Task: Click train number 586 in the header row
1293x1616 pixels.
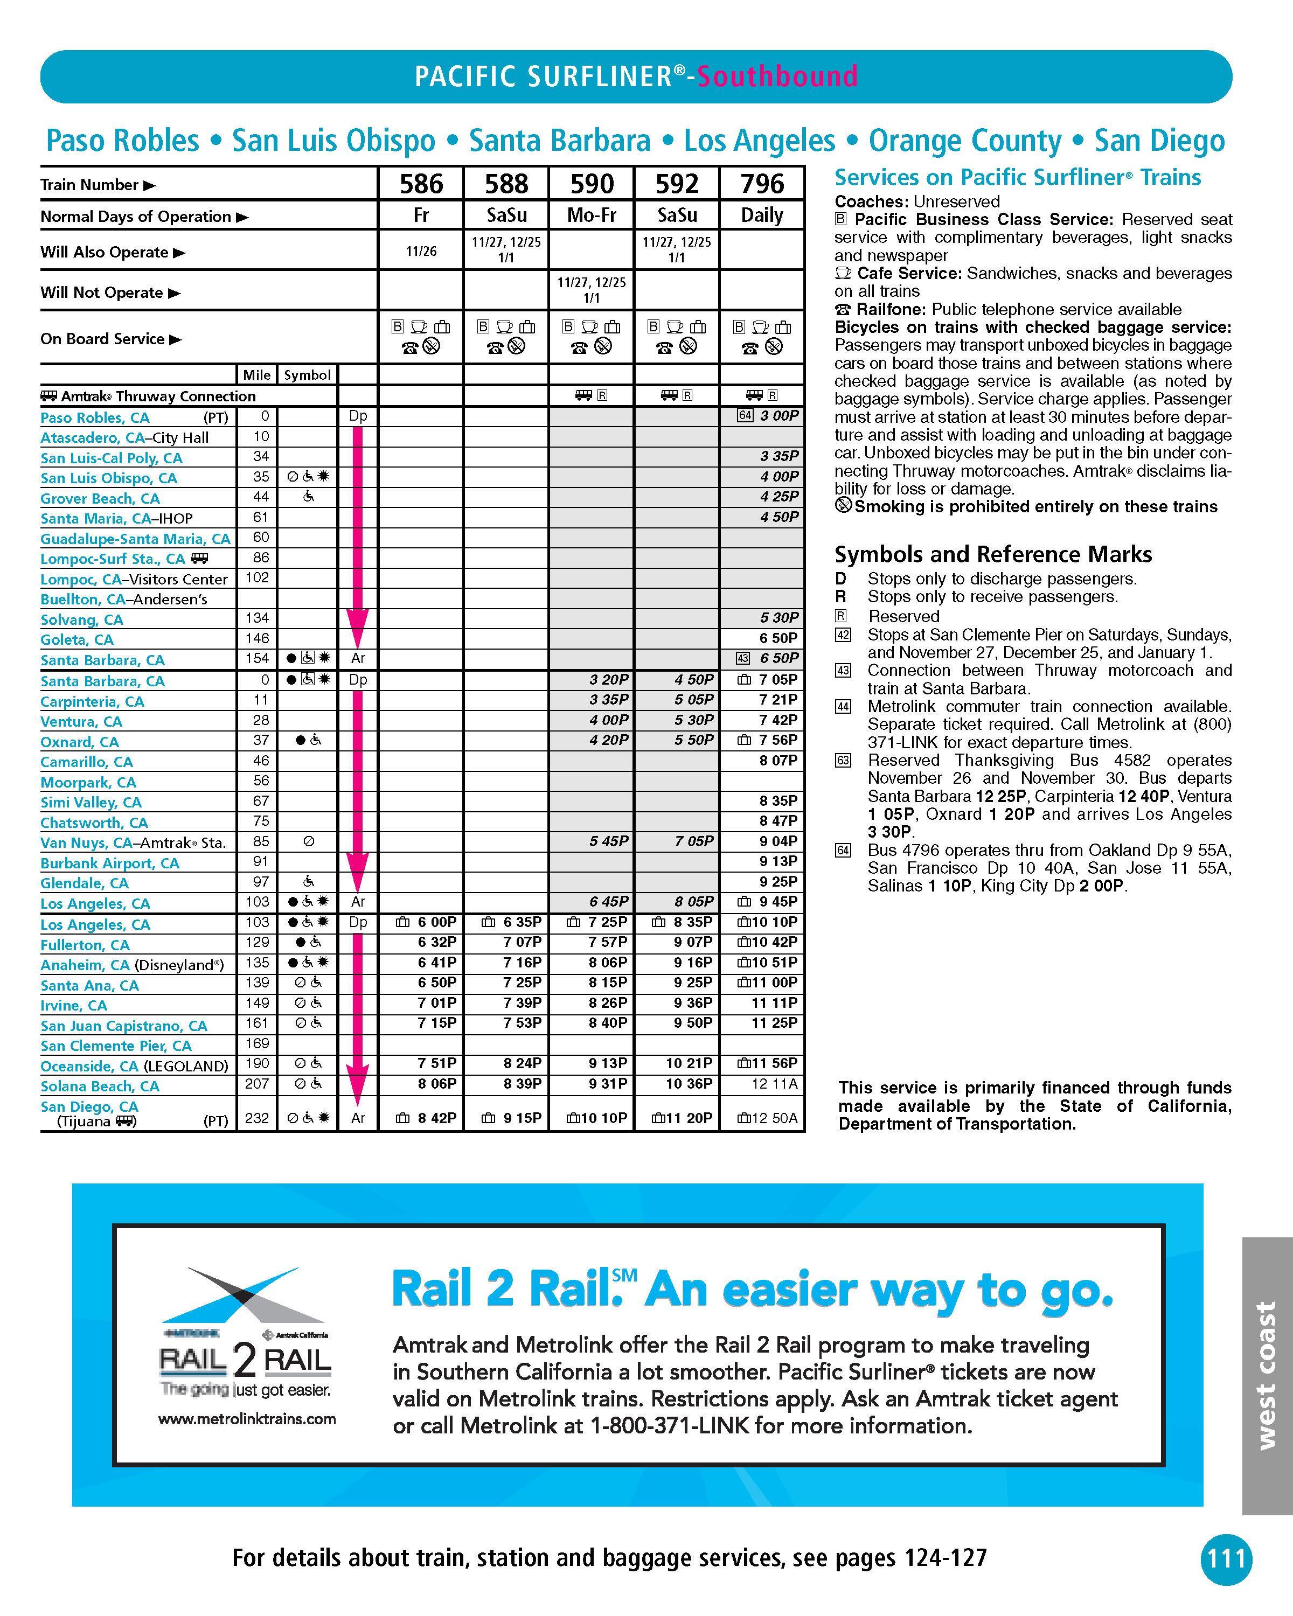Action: tap(421, 184)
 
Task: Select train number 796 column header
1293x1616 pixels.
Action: tap(762, 184)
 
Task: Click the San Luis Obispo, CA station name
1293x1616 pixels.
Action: tap(109, 478)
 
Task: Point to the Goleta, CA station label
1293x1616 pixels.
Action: tap(77, 639)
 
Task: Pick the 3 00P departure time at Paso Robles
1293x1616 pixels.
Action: tap(779, 416)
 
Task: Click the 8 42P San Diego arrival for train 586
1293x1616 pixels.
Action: tap(437, 1118)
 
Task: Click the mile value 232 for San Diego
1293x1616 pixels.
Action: tap(257, 1118)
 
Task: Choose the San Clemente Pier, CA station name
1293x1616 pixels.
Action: tap(116, 1046)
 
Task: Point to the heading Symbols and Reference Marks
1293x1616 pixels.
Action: tap(993, 555)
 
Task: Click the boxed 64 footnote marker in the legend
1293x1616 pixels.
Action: tap(843, 851)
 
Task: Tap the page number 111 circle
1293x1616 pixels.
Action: tap(1226, 1559)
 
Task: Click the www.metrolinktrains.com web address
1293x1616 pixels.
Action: tap(247, 1419)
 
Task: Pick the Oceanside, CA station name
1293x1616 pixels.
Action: tap(89, 1066)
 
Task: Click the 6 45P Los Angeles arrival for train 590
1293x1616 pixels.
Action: tap(609, 902)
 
